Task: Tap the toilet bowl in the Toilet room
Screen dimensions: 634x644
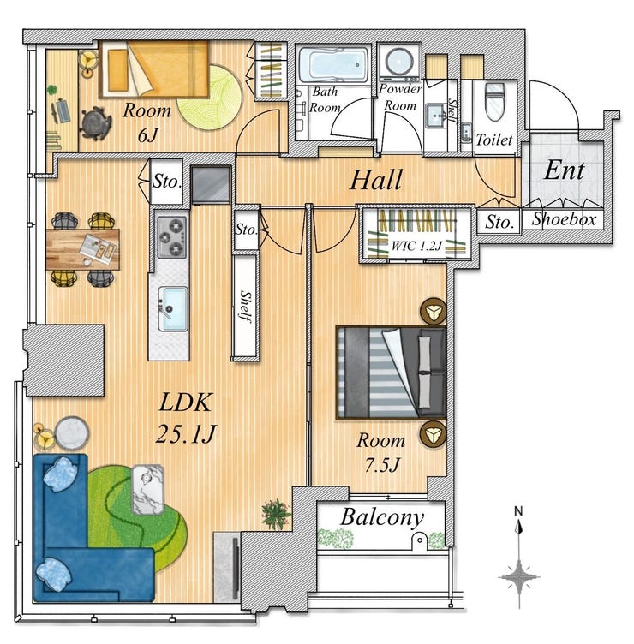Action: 494,101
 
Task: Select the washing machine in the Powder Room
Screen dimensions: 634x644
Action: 398,63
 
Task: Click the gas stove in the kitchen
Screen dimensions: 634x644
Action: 171,237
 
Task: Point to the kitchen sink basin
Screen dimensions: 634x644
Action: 174,308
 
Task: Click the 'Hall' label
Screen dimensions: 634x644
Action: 375,181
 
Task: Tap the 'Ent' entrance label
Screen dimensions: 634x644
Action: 564,170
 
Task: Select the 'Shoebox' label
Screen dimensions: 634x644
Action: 564,219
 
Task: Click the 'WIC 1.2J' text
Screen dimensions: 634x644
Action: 416,246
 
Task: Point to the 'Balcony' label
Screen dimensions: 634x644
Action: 382,517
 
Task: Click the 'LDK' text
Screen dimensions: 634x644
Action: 185,402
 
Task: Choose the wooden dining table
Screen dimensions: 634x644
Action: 82,249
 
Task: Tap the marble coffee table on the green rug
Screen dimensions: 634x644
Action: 147,489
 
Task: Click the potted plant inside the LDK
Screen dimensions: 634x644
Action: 276,513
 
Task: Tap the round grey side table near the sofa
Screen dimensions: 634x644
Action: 71,433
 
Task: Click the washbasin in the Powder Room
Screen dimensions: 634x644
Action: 436,115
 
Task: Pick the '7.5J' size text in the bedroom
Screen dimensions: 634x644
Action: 382,465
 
